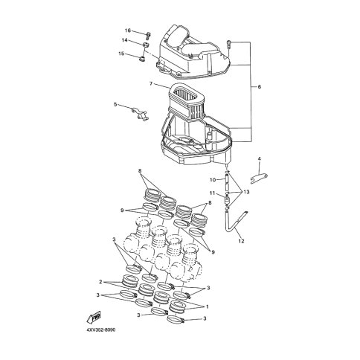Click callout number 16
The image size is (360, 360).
tap(128, 30)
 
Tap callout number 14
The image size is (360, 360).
tap(125, 40)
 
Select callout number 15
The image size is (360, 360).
tap(121, 54)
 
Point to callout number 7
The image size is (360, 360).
tap(151, 83)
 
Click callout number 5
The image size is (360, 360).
tap(115, 104)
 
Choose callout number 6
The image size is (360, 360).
tap(260, 87)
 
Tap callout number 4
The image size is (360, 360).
tap(260, 158)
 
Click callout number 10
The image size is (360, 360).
tap(213, 180)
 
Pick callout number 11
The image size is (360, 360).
tap(212, 193)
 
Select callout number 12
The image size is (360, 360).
tap(241, 240)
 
